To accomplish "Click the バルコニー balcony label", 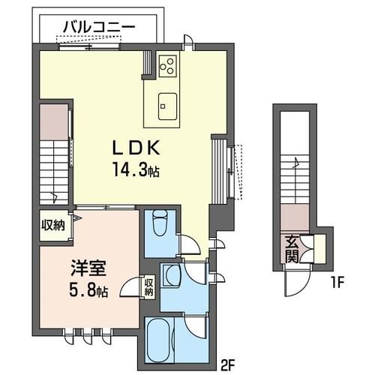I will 98,26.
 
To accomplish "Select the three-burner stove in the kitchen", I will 167,65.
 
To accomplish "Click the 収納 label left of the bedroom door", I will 53,224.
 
